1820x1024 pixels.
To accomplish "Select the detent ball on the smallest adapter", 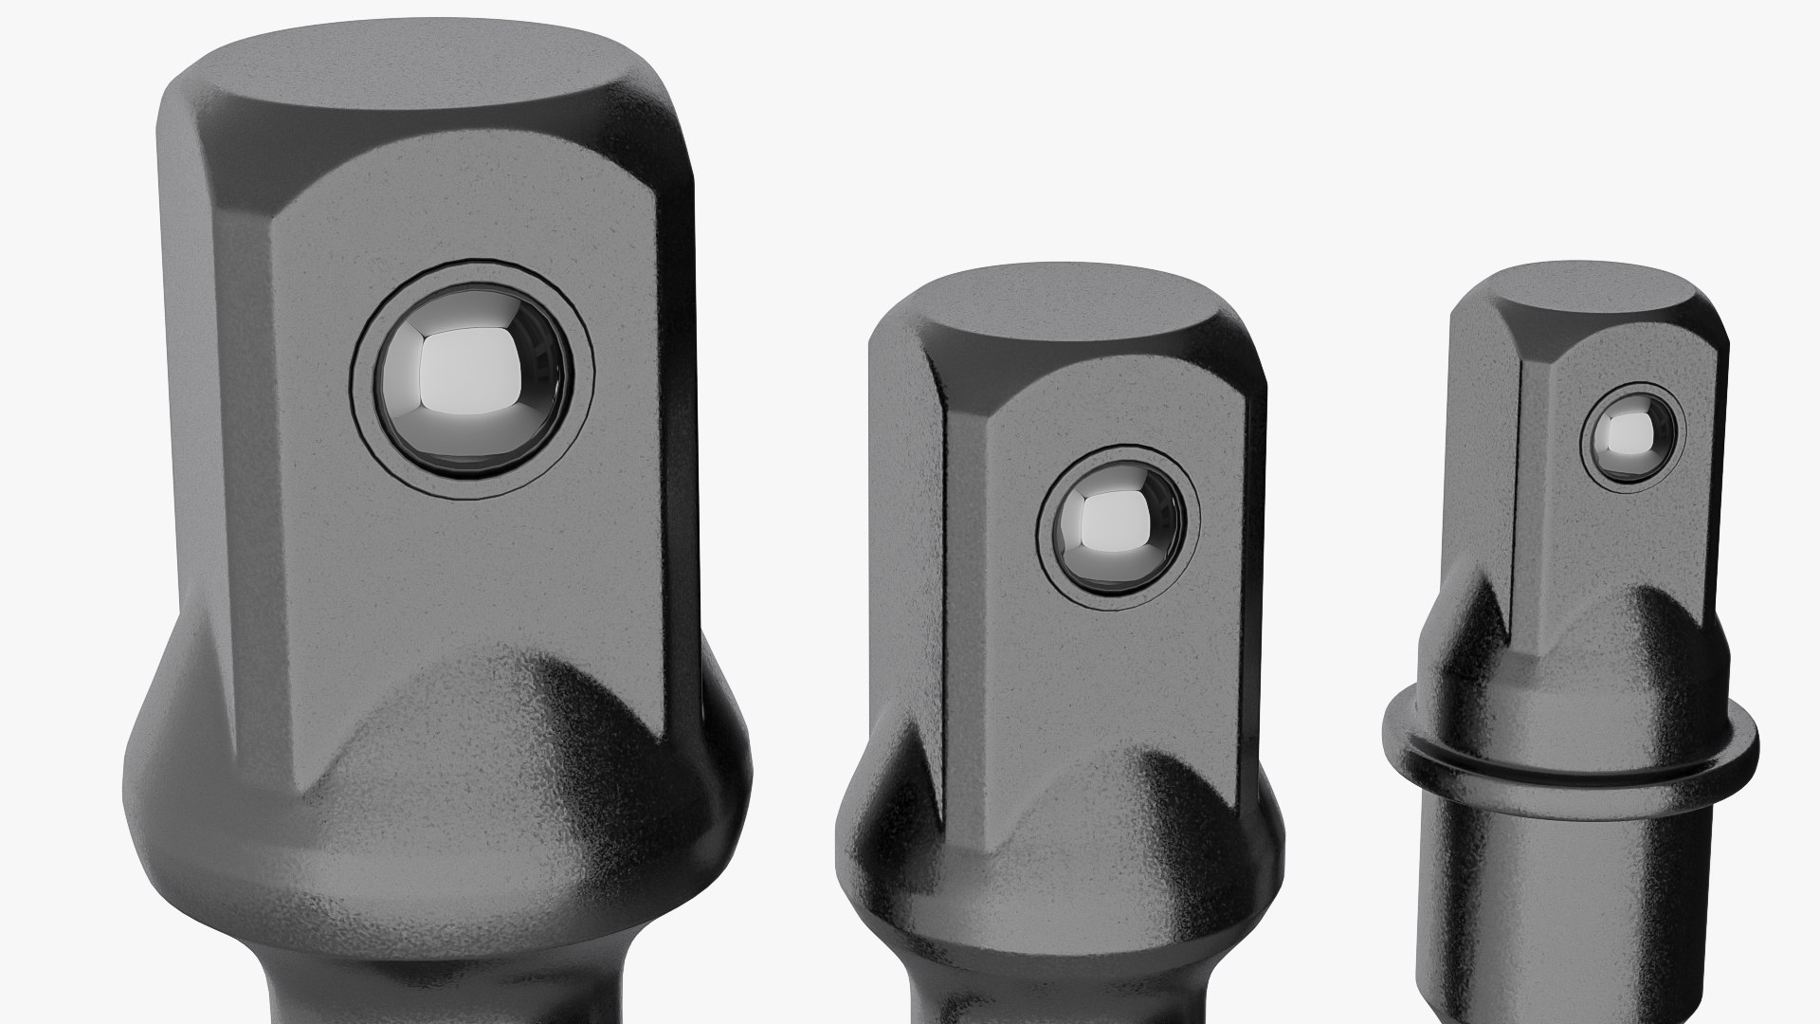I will coord(1631,434).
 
